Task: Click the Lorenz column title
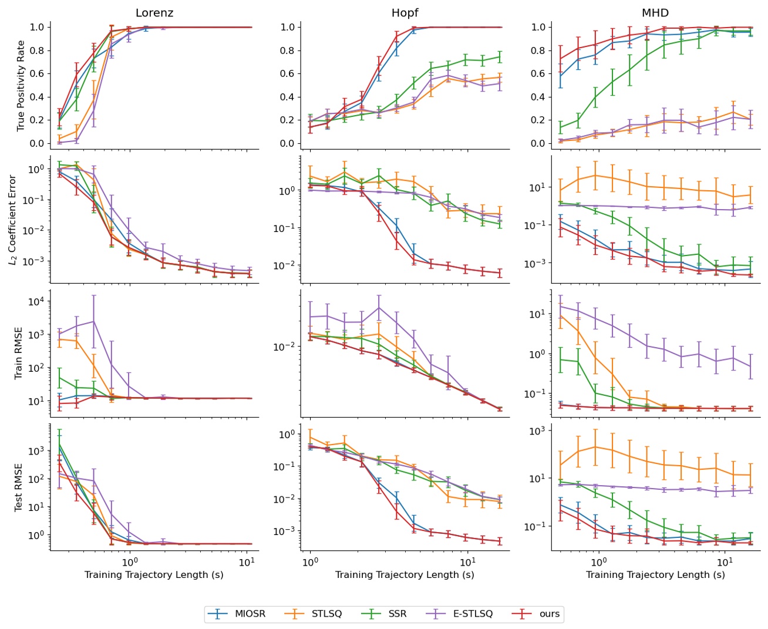(x=154, y=12)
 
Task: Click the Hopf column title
(x=405, y=12)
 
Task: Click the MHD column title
(x=655, y=12)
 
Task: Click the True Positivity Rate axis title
(x=21, y=86)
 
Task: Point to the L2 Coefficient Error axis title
(x=13, y=219)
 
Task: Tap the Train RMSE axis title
(x=19, y=353)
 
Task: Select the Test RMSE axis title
(x=19, y=487)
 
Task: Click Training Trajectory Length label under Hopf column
(x=405, y=574)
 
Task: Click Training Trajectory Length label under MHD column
(x=655, y=574)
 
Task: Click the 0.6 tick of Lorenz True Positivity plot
(x=37, y=73)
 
